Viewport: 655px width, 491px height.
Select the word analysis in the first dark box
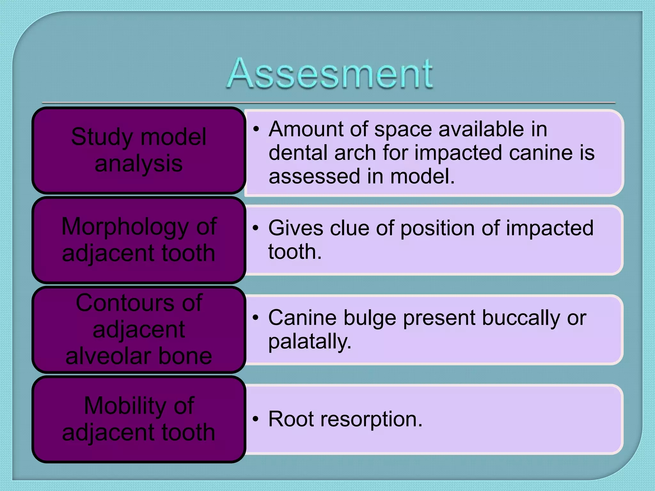pyautogui.click(x=138, y=164)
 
